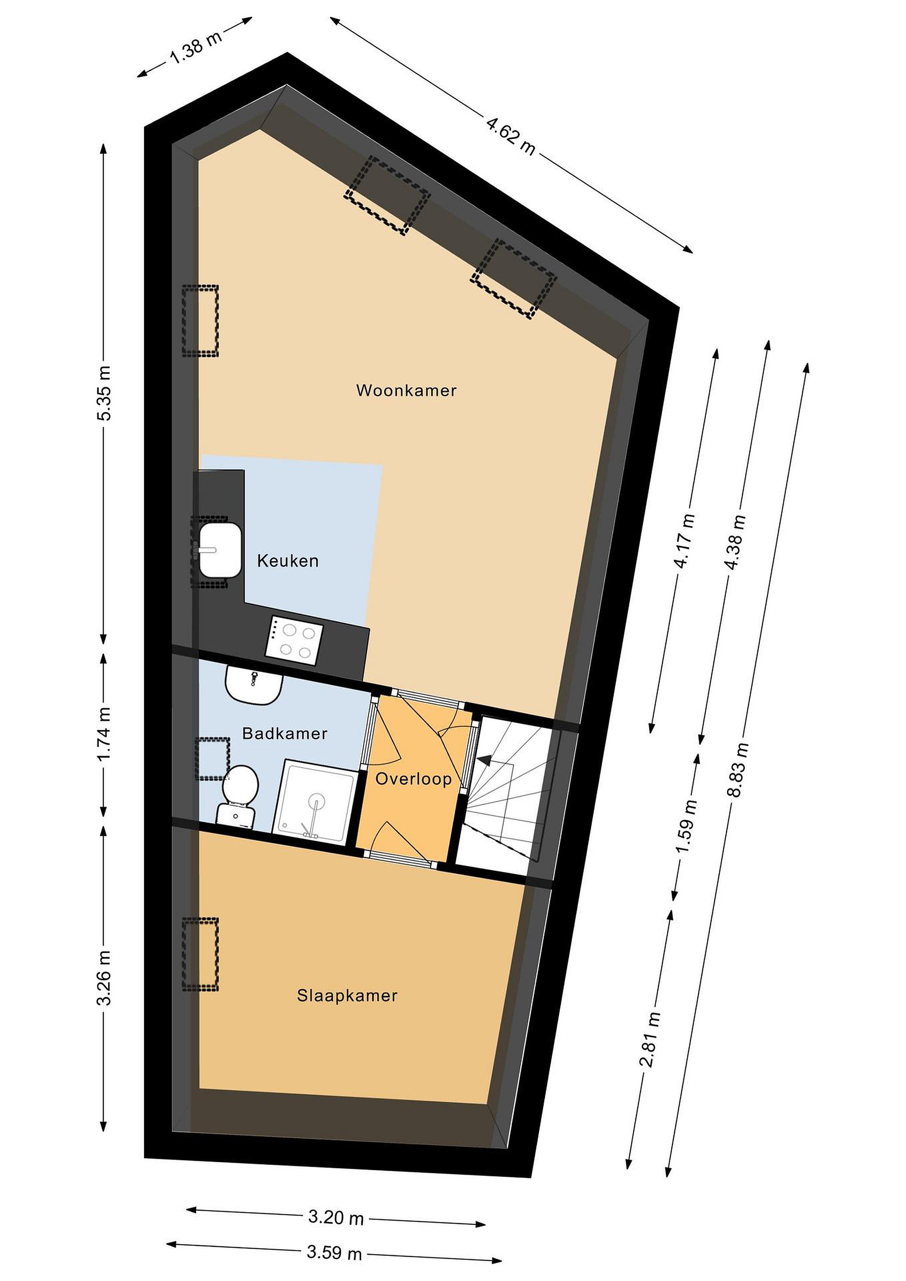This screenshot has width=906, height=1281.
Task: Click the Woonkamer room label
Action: (x=406, y=390)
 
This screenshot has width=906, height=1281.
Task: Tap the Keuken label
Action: (x=288, y=561)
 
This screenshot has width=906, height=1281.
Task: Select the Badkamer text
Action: (x=285, y=733)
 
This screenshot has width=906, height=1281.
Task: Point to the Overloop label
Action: (x=413, y=779)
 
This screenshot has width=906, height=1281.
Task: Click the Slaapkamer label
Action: (x=347, y=996)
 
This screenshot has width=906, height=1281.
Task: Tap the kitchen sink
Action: (x=220, y=550)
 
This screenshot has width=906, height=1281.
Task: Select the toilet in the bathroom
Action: (x=239, y=795)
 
